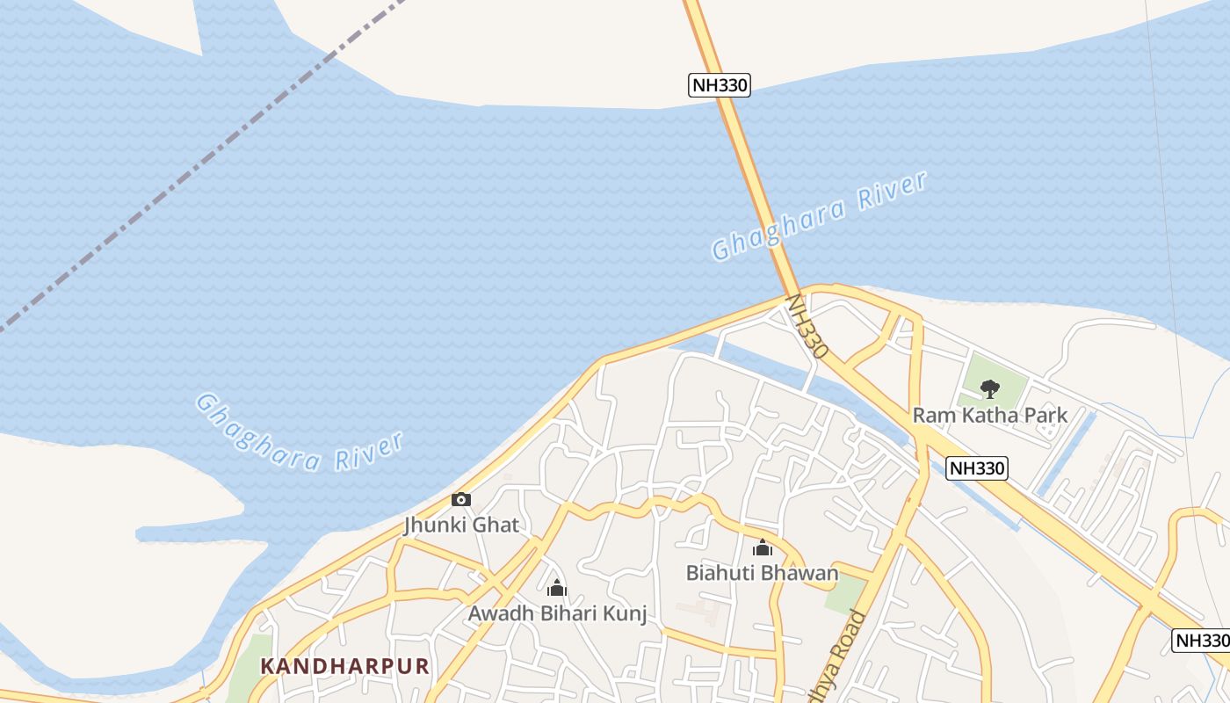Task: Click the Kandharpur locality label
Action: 344,666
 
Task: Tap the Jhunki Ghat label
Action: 461,525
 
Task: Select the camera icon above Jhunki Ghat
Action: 461,500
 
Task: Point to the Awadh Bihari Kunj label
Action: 557,613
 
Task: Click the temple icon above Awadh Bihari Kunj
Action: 557,588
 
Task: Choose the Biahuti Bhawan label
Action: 762,574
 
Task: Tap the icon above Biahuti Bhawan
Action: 763,548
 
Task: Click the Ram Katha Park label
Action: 990,415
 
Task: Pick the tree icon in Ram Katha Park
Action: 990,388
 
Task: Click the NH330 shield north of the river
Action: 719,85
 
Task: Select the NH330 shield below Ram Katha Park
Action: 977,468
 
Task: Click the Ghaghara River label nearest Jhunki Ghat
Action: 299,433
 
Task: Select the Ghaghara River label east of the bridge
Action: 819,216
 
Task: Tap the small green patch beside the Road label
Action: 844,595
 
